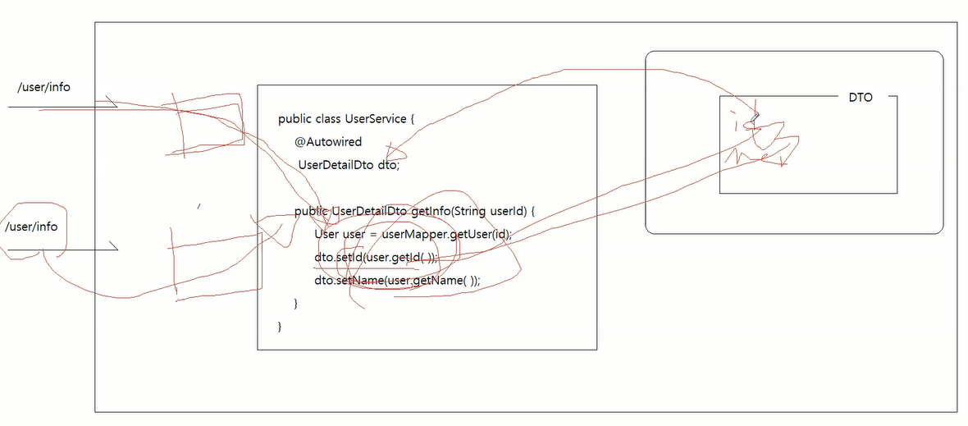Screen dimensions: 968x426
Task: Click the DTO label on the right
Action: [x=861, y=97]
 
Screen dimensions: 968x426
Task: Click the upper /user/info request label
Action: [x=43, y=86]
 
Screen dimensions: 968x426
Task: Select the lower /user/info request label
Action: [x=31, y=227]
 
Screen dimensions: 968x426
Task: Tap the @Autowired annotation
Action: [x=328, y=142]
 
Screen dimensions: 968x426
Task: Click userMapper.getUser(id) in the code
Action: [x=446, y=235]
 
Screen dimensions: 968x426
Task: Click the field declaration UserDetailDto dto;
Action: [x=349, y=165]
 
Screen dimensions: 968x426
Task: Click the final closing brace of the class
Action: [x=281, y=327]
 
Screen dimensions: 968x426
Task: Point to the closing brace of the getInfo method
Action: [x=296, y=304]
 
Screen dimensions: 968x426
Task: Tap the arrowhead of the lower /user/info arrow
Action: [x=116, y=247]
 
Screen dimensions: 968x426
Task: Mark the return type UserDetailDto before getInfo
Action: [x=369, y=212]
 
